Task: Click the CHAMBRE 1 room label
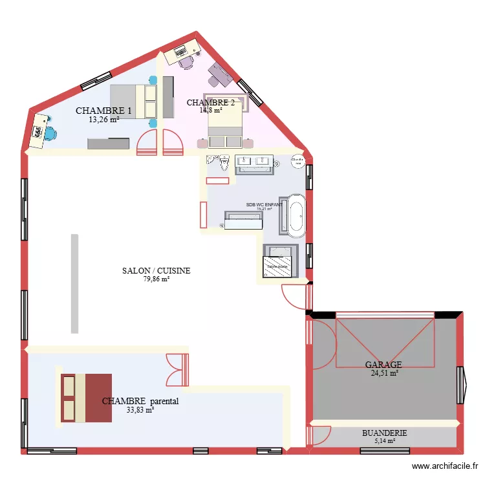(103, 111)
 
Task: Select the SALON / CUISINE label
(156, 271)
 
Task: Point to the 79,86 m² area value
(156, 279)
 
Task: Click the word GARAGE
(383, 365)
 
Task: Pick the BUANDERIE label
(384, 433)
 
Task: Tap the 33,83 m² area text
(140, 409)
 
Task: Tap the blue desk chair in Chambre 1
(49, 133)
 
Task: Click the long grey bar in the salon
(74, 283)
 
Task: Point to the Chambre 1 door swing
(147, 142)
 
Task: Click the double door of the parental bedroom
(177, 369)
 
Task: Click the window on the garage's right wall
(462, 385)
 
